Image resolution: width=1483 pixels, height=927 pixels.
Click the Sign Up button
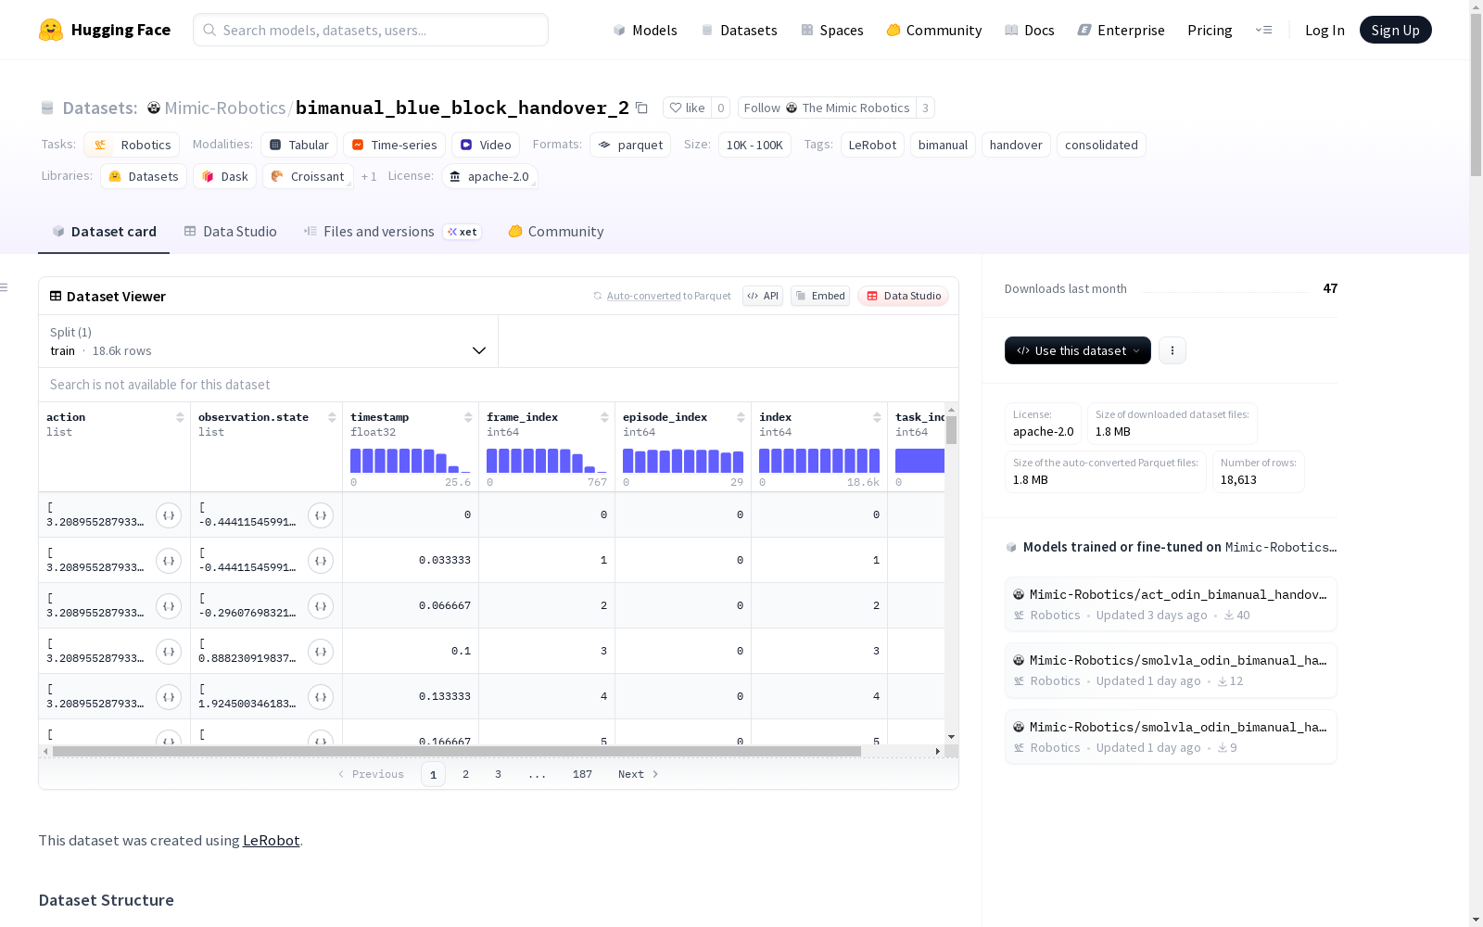1395,30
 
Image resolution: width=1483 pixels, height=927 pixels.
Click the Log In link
1325,30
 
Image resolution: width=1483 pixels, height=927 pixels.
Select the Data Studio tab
230,231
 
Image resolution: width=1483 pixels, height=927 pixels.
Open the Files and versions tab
369,231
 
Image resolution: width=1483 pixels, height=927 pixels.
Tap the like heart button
687,108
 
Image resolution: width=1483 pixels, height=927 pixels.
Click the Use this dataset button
1077,350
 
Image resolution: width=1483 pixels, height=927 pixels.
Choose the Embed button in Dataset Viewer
819,296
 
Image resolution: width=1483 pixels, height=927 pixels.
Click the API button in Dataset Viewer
763,296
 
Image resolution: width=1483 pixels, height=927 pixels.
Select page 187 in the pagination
582,774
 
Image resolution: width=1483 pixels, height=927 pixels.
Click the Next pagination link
638,774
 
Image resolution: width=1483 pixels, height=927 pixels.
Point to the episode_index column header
665,417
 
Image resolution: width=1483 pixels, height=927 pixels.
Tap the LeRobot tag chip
872,145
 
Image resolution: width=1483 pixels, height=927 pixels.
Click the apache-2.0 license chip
489,176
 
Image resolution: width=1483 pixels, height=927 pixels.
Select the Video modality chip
486,145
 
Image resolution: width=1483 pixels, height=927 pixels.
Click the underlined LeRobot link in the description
271,840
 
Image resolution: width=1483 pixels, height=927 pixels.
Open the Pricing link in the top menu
1210,30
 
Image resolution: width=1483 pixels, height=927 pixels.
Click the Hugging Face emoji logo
51,30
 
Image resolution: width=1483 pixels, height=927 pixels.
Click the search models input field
371,30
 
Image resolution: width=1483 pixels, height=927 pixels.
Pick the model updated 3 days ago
1171,603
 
